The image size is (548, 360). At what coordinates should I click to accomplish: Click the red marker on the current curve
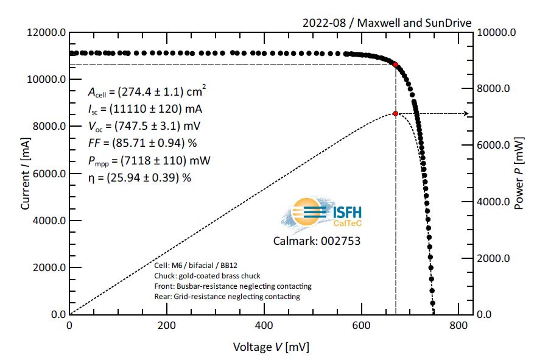coord(396,65)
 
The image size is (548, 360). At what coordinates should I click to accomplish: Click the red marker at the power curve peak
coord(396,113)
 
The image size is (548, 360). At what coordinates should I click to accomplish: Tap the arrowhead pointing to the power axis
coord(466,113)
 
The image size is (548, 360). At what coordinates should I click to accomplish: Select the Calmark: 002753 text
coord(317,241)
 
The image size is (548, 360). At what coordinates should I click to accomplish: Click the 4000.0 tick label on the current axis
coord(48,221)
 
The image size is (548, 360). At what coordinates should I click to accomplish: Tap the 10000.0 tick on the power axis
coord(499,33)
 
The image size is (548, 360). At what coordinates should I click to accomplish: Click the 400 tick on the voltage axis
coord(264,325)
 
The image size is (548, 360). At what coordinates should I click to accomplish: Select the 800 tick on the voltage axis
coord(458,325)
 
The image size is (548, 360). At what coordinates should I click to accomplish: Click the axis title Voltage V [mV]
coord(271,347)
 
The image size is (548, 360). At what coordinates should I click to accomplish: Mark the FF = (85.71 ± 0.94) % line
coord(142,143)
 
